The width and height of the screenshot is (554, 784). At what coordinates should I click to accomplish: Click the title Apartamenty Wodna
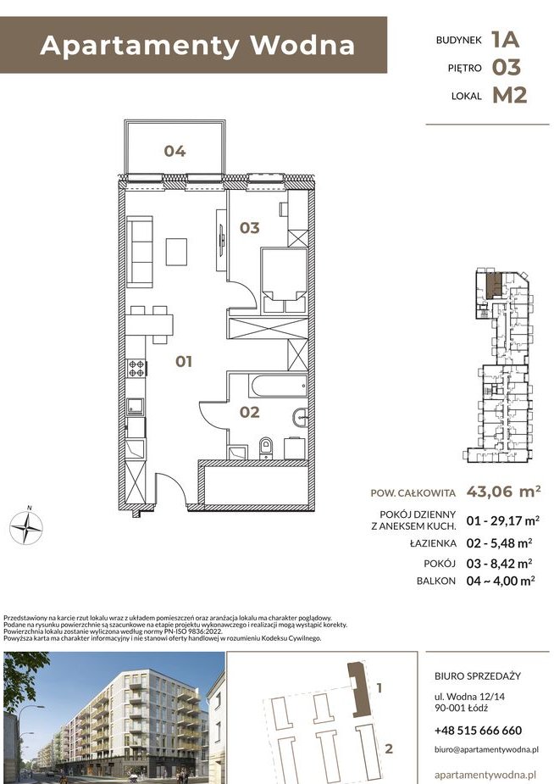(197, 46)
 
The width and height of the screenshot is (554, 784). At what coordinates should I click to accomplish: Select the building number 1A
(504, 38)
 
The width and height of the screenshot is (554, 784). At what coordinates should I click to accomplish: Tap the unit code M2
(509, 95)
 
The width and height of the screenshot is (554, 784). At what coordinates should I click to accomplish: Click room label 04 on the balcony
(175, 152)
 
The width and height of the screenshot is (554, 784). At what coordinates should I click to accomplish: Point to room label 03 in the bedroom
(248, 227)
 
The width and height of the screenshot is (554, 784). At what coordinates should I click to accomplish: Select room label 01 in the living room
(184, 362)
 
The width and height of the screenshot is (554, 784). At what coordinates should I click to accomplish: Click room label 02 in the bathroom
(248, 413)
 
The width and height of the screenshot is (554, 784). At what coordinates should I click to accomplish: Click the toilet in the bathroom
(266, 447)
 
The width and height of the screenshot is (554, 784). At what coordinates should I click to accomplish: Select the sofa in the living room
(140, 252)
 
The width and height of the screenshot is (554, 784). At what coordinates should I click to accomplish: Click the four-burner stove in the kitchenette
(136, 369)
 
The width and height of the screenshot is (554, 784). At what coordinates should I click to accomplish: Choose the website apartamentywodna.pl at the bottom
(485, 774)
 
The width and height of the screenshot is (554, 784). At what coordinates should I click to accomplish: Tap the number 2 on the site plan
(389, 748)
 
